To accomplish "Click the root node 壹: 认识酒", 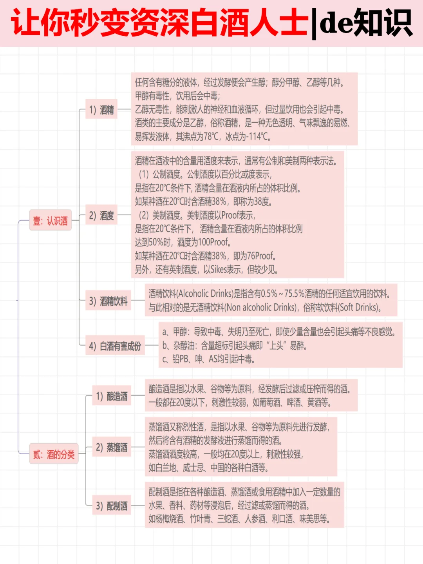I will pos(51,221).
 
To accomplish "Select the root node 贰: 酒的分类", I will pos(54,454).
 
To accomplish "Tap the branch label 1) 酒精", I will pos(101,110).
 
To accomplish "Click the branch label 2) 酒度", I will pos(101,215).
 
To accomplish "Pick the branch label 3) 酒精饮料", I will pos(108,301).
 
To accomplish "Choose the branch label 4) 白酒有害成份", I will pos(115,346).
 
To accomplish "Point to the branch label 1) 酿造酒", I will pos(112,396).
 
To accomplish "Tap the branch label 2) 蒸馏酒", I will pos(112,447).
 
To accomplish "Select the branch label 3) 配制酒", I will pos(112,506).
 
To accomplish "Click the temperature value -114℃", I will pos(256,136).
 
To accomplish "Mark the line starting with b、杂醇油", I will pos(234,345).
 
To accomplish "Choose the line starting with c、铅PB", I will pos(208,359).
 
